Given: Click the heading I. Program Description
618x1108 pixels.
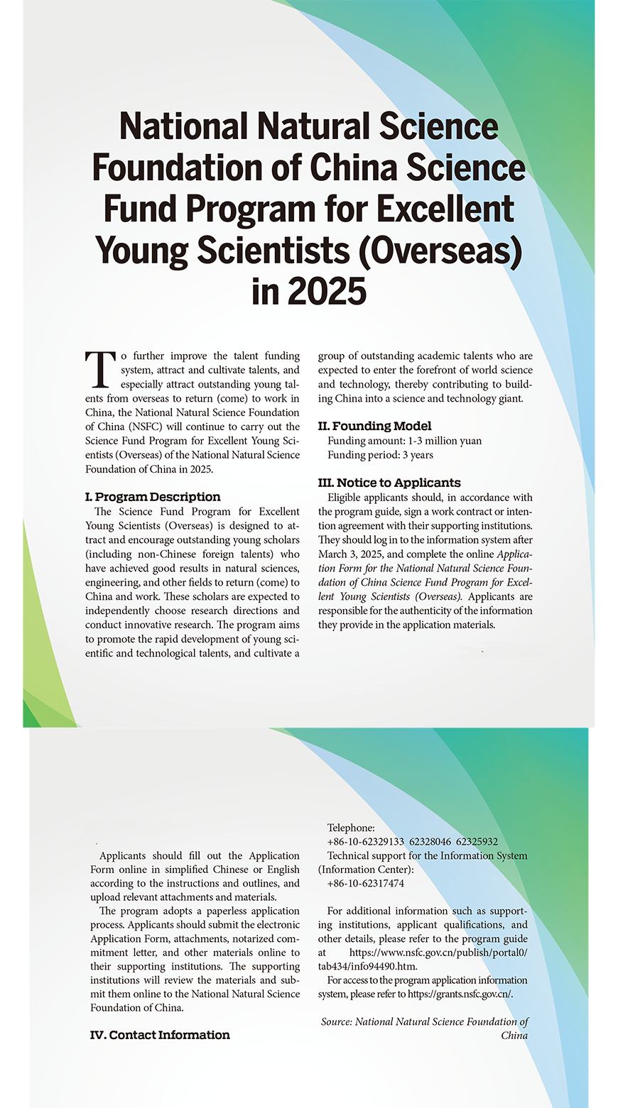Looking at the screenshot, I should point(153,497).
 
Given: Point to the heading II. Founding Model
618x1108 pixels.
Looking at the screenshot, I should point(374,426).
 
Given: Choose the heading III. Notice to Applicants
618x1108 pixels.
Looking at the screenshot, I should point(389,483).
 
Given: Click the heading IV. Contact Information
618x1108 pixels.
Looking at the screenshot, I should point(160,1035).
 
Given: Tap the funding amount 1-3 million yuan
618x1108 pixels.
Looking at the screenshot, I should point(444,441).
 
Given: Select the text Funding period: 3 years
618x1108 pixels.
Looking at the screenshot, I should point(380,455).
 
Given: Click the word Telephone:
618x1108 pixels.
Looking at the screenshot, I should point(350,828).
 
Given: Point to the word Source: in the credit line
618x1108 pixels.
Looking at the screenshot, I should point(337,1022).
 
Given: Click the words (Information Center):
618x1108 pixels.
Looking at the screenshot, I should point(365,870).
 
